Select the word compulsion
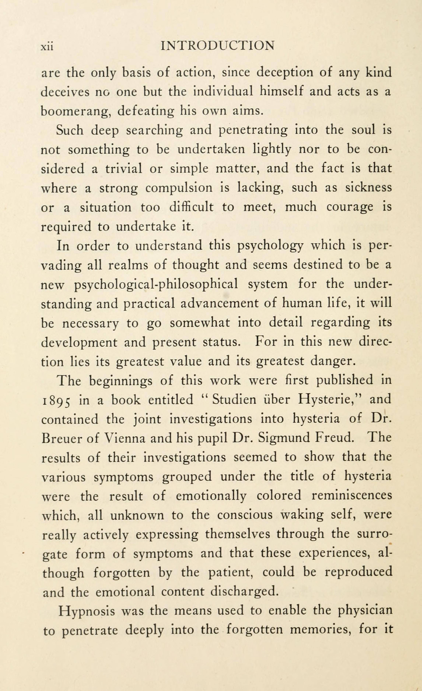[179, 188]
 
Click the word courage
[350, 207]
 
